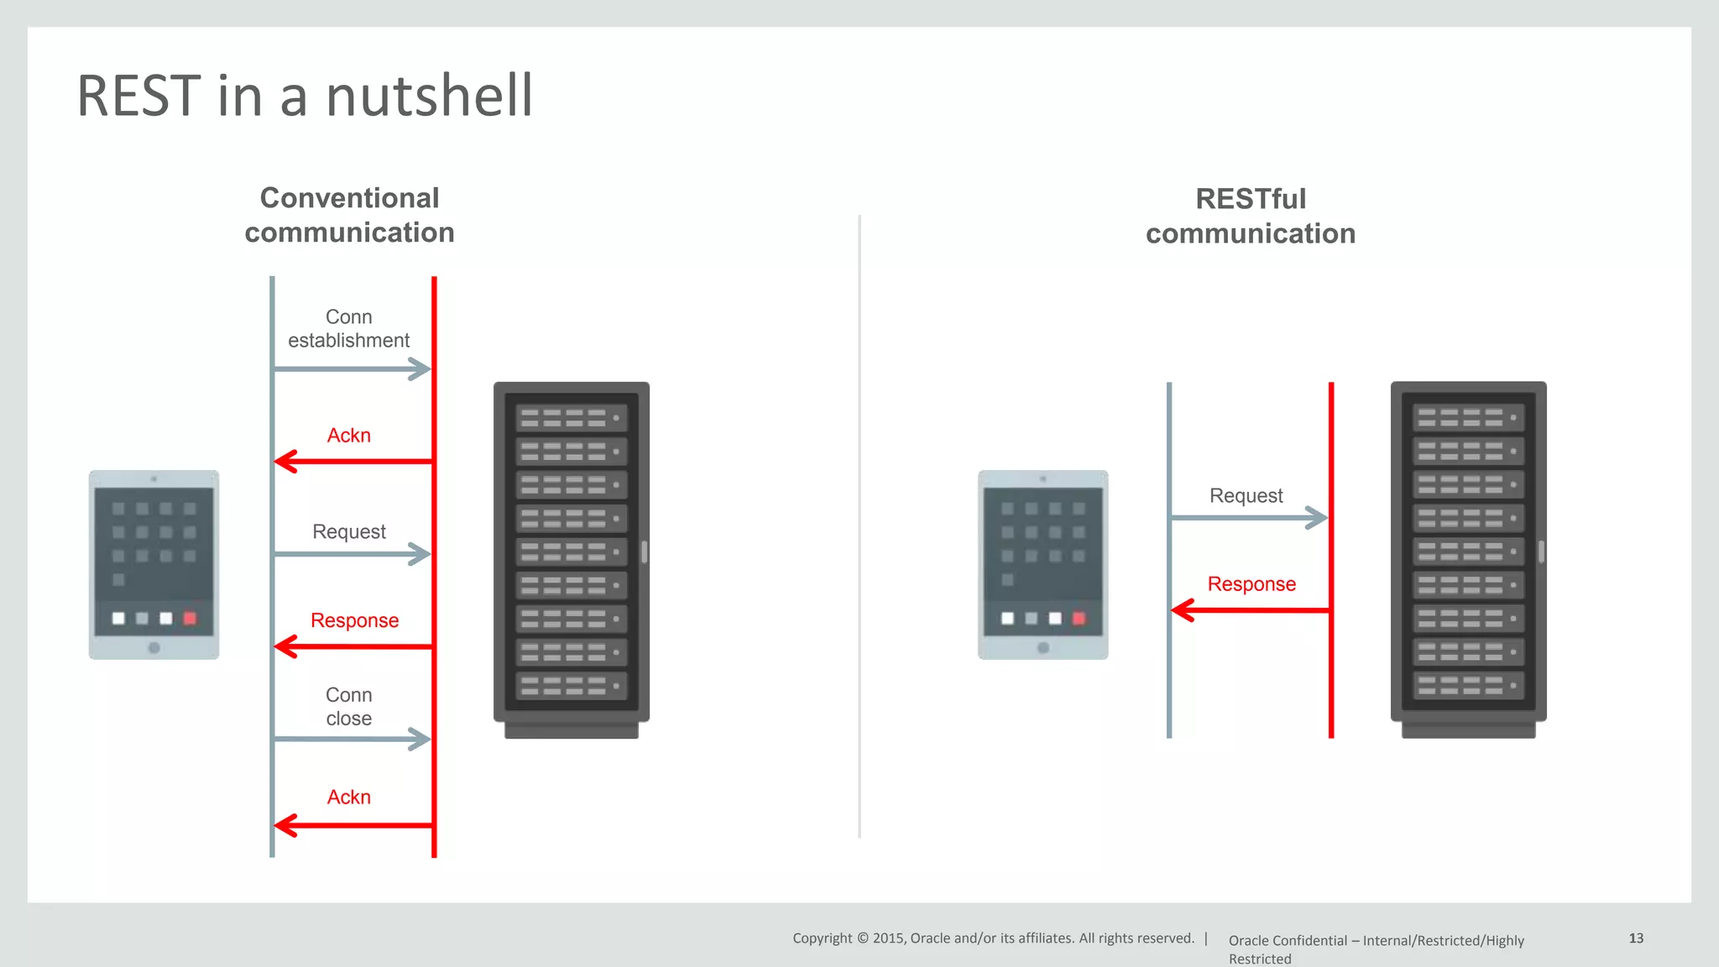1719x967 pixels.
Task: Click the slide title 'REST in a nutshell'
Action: pyautogui.click(x=305, y=95)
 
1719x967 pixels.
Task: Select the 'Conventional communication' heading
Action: pyautogui.click(x=349, y=215)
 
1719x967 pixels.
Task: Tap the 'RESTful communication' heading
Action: pyautogui.click(x=1251, y=216)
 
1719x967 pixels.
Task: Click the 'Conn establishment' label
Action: pyautogui.click(x=349, y=328)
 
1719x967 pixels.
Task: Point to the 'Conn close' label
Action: pyautogui.click(x=349, y=707)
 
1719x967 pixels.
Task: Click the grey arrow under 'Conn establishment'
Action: pyautogui.click(x=352, y=369)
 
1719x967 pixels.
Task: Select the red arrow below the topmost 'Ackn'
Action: pyautogui.click(x=353, y=461)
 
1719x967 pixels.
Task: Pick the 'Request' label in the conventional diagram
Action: pyautogui.click(x=349, y=531)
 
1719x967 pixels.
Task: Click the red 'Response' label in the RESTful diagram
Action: pyautogui.click(x=1251, y=583)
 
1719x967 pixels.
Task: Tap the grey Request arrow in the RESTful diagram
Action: pyautogui.click(x=1249, y=518)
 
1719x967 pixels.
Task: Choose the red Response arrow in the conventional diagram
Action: pyautogui.click(x=353, y=646)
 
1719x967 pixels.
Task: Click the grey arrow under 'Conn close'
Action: pyautogui.click(x=352, y=740)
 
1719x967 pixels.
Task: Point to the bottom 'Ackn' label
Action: pyautogui.click(x=349, y=797)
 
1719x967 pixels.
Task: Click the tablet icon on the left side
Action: pyautogui.click(x=154, y=564)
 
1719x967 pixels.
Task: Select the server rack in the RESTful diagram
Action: pyautogui.click(x=1468, y=559)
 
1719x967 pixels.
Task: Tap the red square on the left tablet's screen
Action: pyautogui.click(x=190, y=619)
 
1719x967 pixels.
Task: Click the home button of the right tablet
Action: pyautogui.click(x=1043, y=648)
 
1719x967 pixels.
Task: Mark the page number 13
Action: pyautogui.click(x=1636, y=938)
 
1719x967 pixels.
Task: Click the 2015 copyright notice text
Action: pyautogui.click(x=993, y=938)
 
